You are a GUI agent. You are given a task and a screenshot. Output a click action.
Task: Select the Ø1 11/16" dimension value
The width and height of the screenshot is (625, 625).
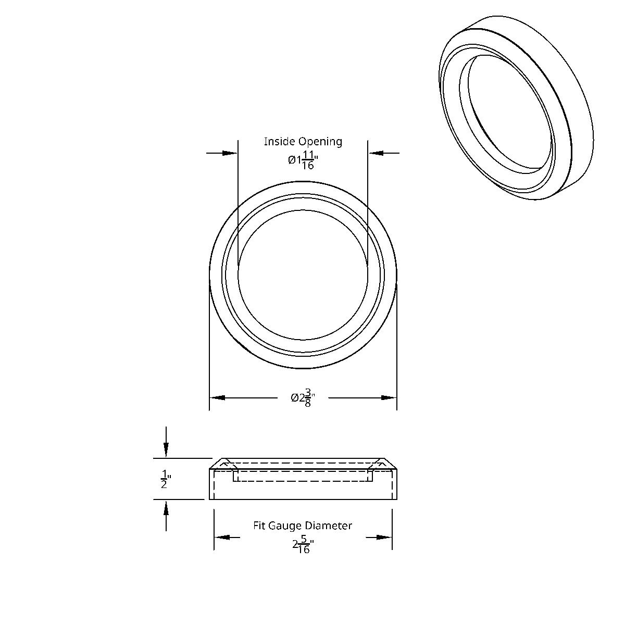tap(303, 160)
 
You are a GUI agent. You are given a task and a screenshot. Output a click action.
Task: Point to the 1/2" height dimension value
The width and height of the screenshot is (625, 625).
tap(165, 479)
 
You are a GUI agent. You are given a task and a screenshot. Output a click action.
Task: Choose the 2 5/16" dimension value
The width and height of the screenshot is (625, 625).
tap(303, 545)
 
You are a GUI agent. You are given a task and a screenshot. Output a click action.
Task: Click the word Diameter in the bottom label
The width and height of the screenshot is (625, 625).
tap(329, 526)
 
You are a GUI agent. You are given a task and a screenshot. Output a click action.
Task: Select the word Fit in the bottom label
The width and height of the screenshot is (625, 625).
tap(259, 526)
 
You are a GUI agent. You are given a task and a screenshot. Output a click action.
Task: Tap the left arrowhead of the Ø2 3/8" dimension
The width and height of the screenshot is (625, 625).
tap(218, 398)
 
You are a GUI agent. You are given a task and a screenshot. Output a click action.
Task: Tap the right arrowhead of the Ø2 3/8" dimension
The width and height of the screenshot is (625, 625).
tap(389, 398)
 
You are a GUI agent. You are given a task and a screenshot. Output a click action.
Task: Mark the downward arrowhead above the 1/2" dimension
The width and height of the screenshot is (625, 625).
tap(166, 449)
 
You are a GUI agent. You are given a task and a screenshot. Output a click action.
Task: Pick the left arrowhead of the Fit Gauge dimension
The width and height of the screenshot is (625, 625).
tap(222, 537)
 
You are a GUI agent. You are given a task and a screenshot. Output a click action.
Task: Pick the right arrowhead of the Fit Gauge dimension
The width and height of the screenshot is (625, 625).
tap(384, 537)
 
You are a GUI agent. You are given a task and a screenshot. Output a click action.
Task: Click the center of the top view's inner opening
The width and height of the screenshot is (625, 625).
tap(303, 275)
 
